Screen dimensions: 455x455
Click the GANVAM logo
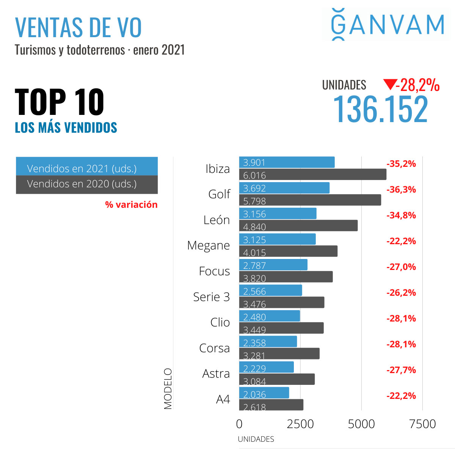click(x=387, y=25)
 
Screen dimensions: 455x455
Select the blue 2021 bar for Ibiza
click(x=287, y=162)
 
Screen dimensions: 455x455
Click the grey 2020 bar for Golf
click(x=310, y=200)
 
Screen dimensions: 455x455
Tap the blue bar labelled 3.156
click(x=278, y=213)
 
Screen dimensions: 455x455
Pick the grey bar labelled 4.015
click(x=288, y=251)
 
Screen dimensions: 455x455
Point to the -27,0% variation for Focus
click(x=401, y=267)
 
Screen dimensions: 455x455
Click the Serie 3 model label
click(x=211, y=297)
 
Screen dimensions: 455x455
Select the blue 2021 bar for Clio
click(x=269, y=316)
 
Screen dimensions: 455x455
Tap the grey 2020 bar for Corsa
click(x=279, y=354)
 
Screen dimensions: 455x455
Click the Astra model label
click(x=216, y=374)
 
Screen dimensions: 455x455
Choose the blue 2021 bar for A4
click(x=264, y=393)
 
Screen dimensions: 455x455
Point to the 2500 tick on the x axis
click(x=300, y=424)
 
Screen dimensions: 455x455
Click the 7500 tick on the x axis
click(x=422, y=424)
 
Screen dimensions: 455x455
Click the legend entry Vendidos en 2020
click(x=86, y=185)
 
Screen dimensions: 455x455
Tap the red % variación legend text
click(x=131, y=205)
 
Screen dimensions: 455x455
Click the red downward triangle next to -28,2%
click(x=389, y=84)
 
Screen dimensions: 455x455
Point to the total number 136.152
click(x=380, y=109)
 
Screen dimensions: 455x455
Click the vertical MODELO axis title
click(x=168, y=389)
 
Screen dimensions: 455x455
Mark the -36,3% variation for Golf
click(x=401, y=190)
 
